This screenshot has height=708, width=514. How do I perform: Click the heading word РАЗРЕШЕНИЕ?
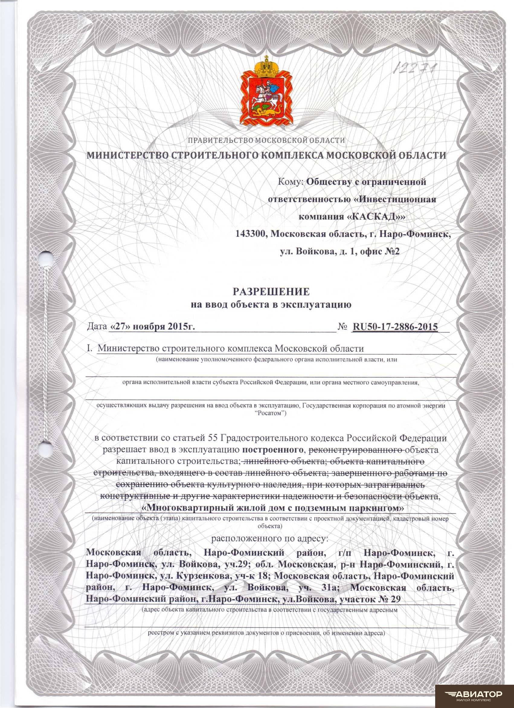271,291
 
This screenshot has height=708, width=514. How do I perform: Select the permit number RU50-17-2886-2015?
395,326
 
